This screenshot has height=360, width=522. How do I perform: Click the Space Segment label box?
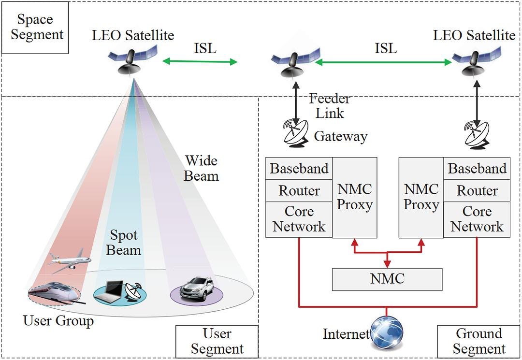[35, 28]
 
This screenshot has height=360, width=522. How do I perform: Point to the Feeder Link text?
[329, 106]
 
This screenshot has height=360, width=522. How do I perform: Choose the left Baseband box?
[299, 169]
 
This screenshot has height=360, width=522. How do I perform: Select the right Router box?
[477, 191]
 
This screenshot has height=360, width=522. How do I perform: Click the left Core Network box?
[299, 219]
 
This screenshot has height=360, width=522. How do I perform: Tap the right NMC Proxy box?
[420, 197]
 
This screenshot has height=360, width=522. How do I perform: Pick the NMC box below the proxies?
[387, 279]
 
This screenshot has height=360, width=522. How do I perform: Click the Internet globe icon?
[387, 333]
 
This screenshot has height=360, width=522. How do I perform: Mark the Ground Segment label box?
[478, 341]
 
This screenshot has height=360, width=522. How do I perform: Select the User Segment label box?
[217, 341]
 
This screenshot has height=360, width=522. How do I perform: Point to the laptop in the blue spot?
[110, 291]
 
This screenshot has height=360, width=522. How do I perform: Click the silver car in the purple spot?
[196, 288]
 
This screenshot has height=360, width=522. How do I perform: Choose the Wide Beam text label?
[201, 168]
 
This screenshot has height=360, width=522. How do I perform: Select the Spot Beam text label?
[124, 243]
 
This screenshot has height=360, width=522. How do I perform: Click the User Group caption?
[58, 320]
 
